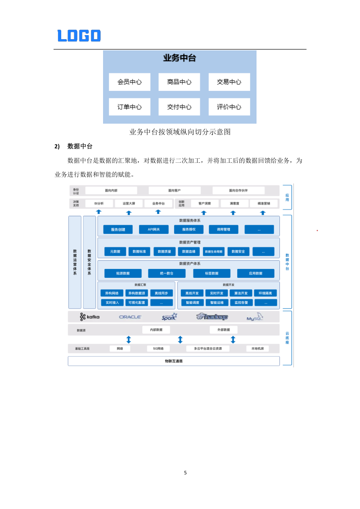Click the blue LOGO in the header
coord(79,36)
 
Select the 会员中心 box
coord(130,82)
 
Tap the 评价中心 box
coord(229,107)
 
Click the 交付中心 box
coord(179,107)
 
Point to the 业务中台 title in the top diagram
coord(179,58)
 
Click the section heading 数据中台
coord(80,146)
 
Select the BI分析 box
coord(99,203)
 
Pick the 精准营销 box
coord(264,203)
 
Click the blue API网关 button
coord(153,229)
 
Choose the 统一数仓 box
coord(166,273)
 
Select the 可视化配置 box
coord(135,303)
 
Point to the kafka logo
coord(90,317)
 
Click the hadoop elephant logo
coord(212,317)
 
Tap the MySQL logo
coord(255,317)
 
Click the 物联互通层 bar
coord(174,361)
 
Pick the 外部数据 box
coord(223,330)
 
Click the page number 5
coord(185,473)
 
